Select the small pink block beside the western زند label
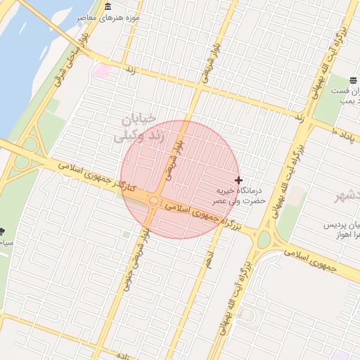click(103, 70)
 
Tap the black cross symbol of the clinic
click(238, 181)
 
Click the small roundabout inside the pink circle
click(153, 202)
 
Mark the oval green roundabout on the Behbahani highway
click(264, 240)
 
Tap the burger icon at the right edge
click(352, 80)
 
